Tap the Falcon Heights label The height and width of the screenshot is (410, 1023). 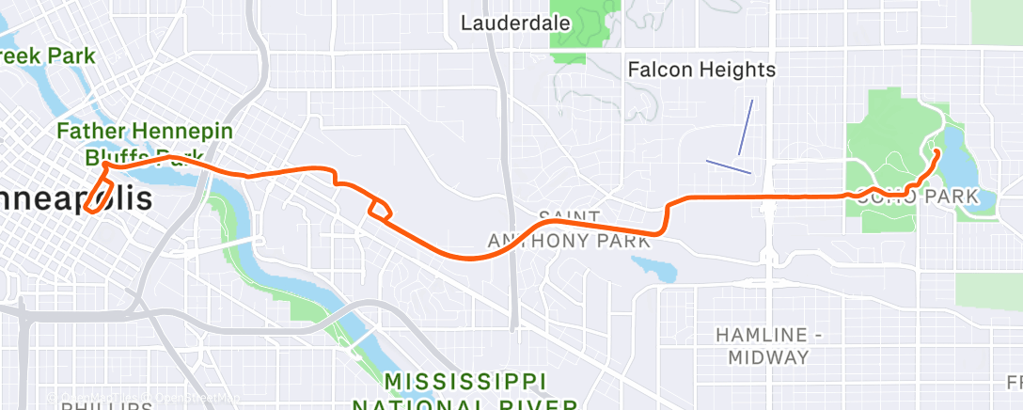point(701,70)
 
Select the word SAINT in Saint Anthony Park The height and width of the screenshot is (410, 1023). point(569,217)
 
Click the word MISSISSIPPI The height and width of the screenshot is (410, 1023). point(466,382)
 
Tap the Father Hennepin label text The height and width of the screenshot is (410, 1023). point(145,132)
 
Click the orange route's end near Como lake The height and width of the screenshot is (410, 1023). point(936,150)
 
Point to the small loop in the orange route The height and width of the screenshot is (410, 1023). point(381,209)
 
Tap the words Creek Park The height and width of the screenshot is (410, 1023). point(47,56)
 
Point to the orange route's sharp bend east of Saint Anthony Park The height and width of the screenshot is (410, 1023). point(665,226)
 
